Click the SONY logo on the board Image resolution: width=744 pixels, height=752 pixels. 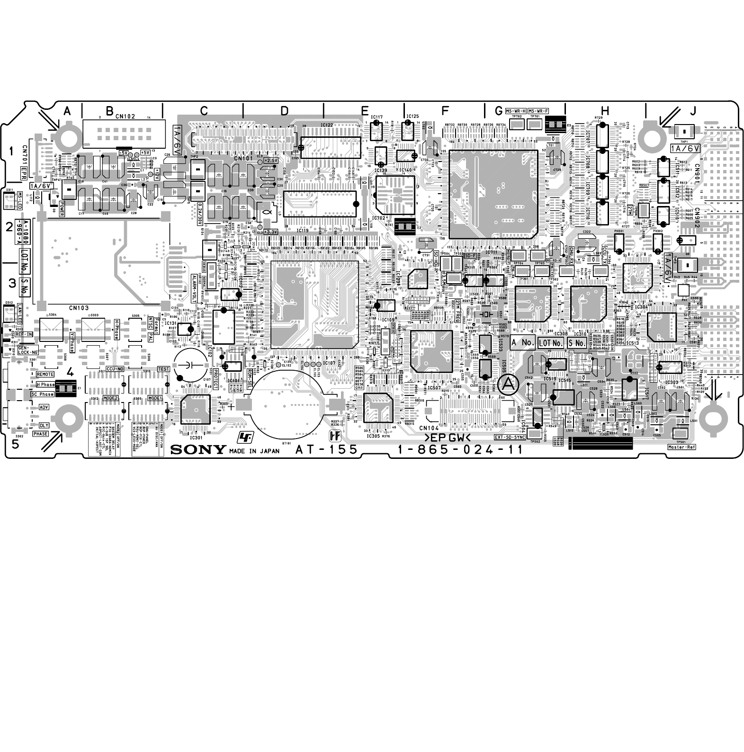coord(198,449)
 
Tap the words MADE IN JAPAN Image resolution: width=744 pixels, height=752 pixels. coord(254,451)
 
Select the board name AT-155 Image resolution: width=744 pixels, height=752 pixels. coord(327,449)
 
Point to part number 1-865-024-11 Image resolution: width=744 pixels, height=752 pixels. coord(460,449)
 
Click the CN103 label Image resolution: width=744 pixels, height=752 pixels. coord(78,308)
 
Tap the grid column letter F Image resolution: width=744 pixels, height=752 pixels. coord(445,111)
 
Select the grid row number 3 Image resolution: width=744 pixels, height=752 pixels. coord(12,283)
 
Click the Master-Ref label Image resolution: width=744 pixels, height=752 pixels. coord(681,447)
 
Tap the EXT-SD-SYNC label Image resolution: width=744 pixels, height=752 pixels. coord(510,438)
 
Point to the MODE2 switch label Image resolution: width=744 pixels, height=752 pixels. coord(110,398)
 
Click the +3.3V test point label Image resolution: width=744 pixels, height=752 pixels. coord(270,232)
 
